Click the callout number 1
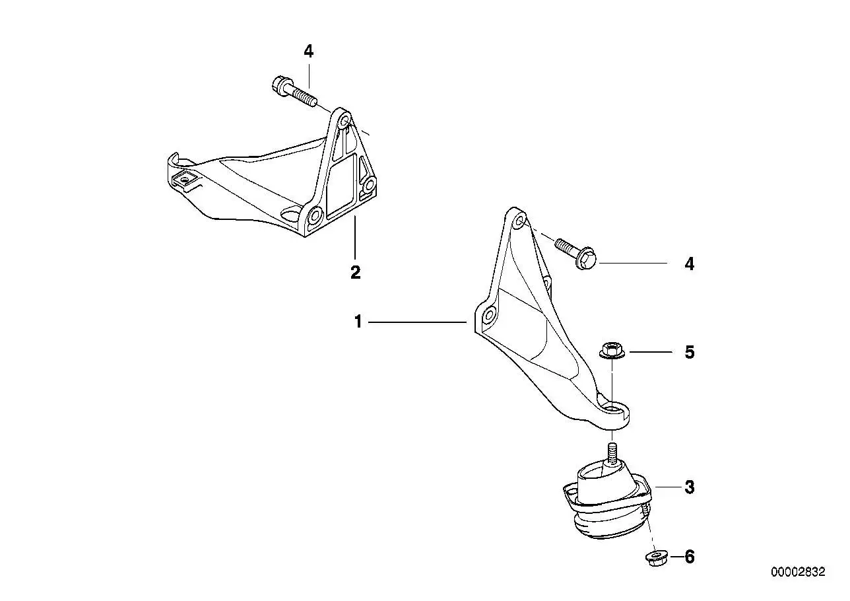[358, 322]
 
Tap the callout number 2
[356, 272]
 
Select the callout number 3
[690, 487]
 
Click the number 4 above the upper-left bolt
[309, 52]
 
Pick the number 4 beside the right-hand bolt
[690, 264]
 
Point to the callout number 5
[690, 352]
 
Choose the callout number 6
[690, 557]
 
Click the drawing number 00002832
[798, 572]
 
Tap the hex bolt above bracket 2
[295, 91]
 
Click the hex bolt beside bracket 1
[575, 252]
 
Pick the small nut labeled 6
[655, 557]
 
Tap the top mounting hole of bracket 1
[519, 222]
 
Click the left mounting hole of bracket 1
[490, 315]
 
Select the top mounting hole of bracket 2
[345, 122]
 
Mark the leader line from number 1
[417, 322]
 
